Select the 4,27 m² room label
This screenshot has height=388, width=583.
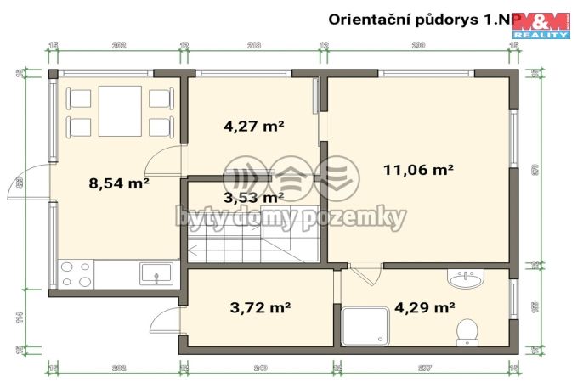[x=253, y=127]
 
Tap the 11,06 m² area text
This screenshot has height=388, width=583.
[x=418, y=170]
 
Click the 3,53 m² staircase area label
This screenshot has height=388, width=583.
[x=252, y=198]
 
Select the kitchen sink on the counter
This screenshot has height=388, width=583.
[x=156, y=273]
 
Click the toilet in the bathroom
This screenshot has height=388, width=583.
[x=467, y=330]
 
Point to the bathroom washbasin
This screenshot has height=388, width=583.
[x=466, y=278]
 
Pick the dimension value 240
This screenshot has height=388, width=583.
[x=260, y=368]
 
